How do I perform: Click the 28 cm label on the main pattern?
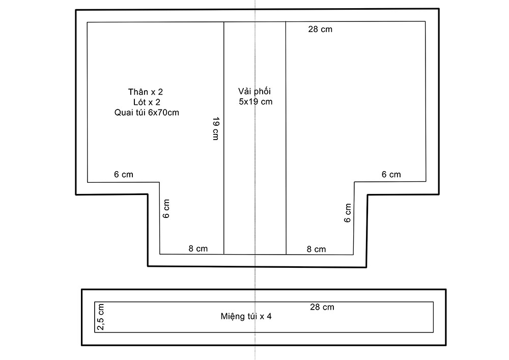click(320, 29)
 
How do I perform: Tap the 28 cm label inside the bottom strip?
click(322, 307)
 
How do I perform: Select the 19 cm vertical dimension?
click(216, 128)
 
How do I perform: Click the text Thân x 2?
click(146, 92)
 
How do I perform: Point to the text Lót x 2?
click(147, 102)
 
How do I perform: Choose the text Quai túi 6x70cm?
click(147, 113)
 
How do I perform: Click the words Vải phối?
click(254, 92)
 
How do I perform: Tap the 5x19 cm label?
click(256, 102)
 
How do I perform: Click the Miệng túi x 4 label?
click(246, 317)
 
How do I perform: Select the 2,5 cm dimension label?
click(101, 317)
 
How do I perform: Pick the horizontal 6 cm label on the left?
click(123, 175)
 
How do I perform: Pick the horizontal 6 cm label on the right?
click(391, 175)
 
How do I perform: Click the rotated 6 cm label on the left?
click(166, 209)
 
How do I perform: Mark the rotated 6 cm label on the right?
click(348, 213)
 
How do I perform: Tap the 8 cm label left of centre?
click(198, 248)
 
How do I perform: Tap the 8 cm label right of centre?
click(316, 250)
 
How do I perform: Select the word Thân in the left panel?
click(138, 92)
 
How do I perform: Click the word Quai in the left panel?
click(122, 113)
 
